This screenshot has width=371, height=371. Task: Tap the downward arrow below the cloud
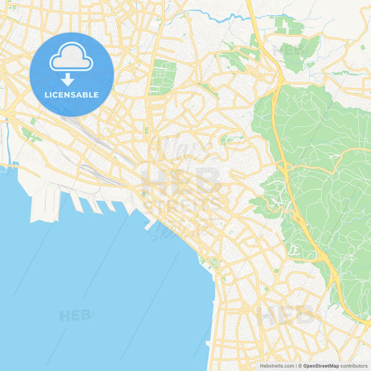pos(68,81)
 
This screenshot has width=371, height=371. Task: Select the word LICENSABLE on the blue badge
pos(72,95)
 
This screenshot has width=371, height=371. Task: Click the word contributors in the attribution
pos(355,365)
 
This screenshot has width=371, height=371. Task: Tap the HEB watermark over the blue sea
pos(75,315)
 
